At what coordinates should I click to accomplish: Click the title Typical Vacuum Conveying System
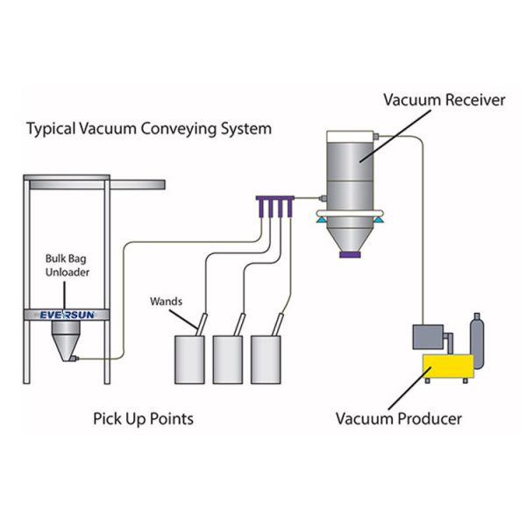(x=149, y=129)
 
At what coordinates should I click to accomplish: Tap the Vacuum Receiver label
(x=444, y=100)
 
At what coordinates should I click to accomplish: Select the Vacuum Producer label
(x=398, y=418)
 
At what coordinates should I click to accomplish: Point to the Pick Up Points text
(x=143, y=418)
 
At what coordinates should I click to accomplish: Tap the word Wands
(x=165, y=301)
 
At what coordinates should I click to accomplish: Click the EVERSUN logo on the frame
(x=67, y=314)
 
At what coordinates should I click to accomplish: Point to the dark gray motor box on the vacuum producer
(x=430, y=338)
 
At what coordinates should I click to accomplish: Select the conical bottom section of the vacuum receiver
(x=349, y=232)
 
